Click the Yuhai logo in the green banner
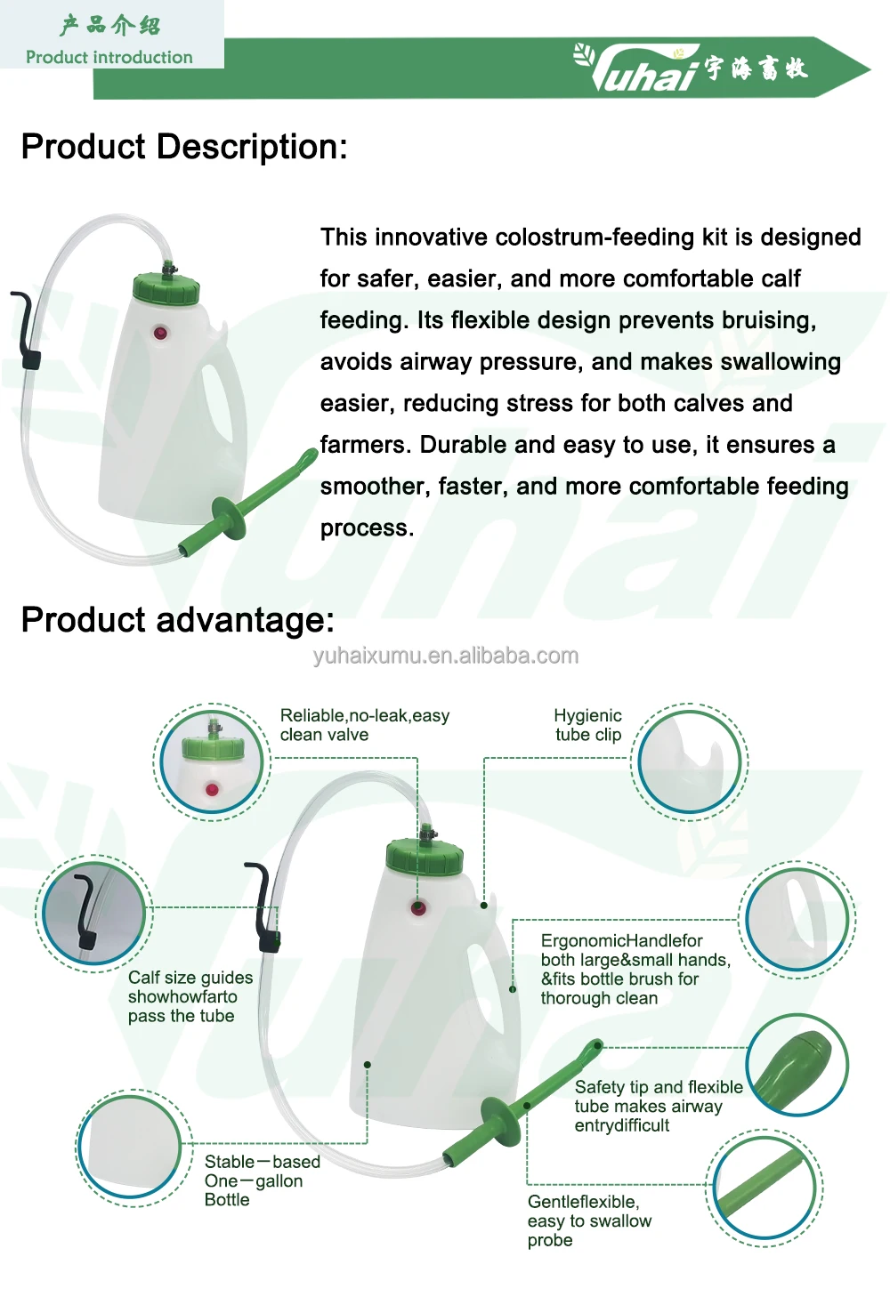[691, 67]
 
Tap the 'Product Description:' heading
[184, 147]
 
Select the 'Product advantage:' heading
[178, 620]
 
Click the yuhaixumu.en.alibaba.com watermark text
[445, 656]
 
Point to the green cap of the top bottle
[166, 288]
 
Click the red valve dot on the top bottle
[160, 333]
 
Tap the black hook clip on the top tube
[28, 329]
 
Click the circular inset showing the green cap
[212, 761]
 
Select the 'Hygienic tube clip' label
[587, 725]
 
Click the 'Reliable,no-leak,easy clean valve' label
[364, 725]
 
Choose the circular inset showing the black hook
[93, 914]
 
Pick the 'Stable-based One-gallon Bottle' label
[262, 1180]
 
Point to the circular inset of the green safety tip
[797, 1066]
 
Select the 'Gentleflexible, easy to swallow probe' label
[589, 1220]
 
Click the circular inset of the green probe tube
[764, 1188]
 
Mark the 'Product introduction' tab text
[109, 57]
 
